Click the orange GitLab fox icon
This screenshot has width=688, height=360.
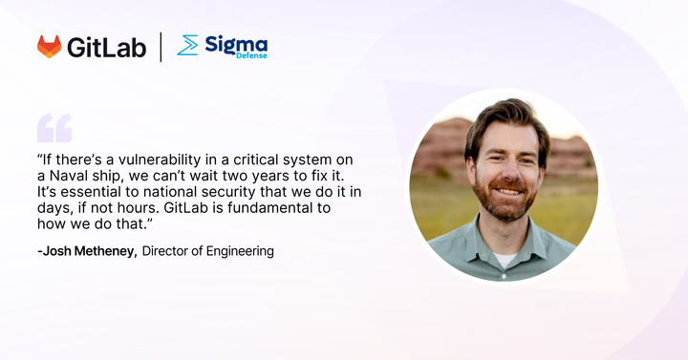coord(49,47)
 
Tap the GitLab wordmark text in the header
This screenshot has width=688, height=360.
coord(107,47)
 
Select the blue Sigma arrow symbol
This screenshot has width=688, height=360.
coord(188,45)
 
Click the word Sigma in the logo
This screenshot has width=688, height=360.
coord(235,42)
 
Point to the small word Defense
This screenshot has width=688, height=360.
coord(252,55)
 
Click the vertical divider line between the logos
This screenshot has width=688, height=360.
coord(161,46)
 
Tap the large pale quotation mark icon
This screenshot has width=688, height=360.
coord(54,127)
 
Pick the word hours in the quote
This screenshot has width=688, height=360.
coord(142,208)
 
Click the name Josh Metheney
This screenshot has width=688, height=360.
coord(93,251)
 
